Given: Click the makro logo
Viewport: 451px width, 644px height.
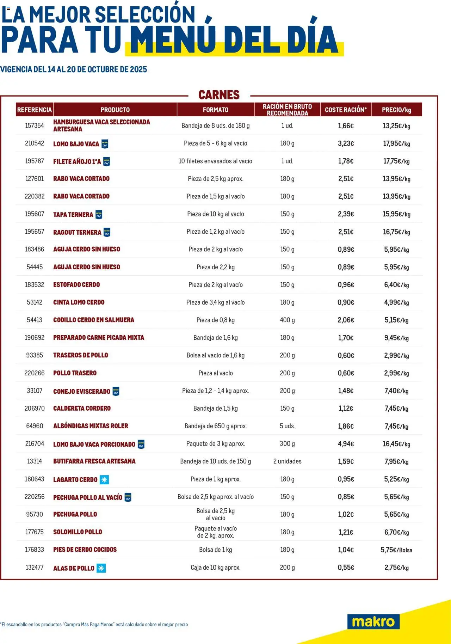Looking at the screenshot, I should [x=373, y=621].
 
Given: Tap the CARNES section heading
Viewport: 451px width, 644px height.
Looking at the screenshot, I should [x=219, y=95].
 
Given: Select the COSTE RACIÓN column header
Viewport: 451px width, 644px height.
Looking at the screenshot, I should [x=345, y=110].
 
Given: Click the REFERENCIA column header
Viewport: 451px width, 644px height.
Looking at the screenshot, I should [x=35, y=110].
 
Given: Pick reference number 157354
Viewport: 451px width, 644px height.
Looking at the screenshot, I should [x=35, y=125].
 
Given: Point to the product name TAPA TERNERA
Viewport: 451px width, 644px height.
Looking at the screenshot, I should [x=73, y=214].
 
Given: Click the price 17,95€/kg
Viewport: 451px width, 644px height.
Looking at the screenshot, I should [x=396, y=143].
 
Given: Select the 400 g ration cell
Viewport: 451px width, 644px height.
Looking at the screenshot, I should [x=287, y=320].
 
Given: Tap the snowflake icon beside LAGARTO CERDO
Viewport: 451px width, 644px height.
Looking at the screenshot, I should [x=104, y=479].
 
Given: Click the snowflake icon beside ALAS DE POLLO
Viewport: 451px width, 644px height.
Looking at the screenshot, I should [x=101, y=568].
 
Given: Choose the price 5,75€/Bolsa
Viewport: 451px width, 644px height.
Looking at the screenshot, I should [x=396, y=550].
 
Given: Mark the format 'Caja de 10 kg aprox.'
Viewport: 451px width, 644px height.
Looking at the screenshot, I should [x=215, y=568].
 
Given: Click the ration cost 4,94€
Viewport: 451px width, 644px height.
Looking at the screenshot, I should [x=346, y=444].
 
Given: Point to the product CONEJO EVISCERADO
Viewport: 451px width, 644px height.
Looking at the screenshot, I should [x=82, y=391].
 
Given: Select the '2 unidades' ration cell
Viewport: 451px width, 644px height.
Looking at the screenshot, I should [x=287, y=461].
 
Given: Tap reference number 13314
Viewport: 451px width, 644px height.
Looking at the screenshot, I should [x=35, y=461].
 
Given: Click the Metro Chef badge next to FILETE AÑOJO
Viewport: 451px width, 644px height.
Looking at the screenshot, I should [x=106, y=161].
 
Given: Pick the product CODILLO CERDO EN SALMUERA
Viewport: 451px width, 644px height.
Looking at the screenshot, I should [x=94, y=320].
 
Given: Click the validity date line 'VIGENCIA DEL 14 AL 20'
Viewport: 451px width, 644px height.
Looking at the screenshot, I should [x=74, y=69].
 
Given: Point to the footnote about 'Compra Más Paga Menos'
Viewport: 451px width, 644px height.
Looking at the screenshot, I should [x=94, y=624].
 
